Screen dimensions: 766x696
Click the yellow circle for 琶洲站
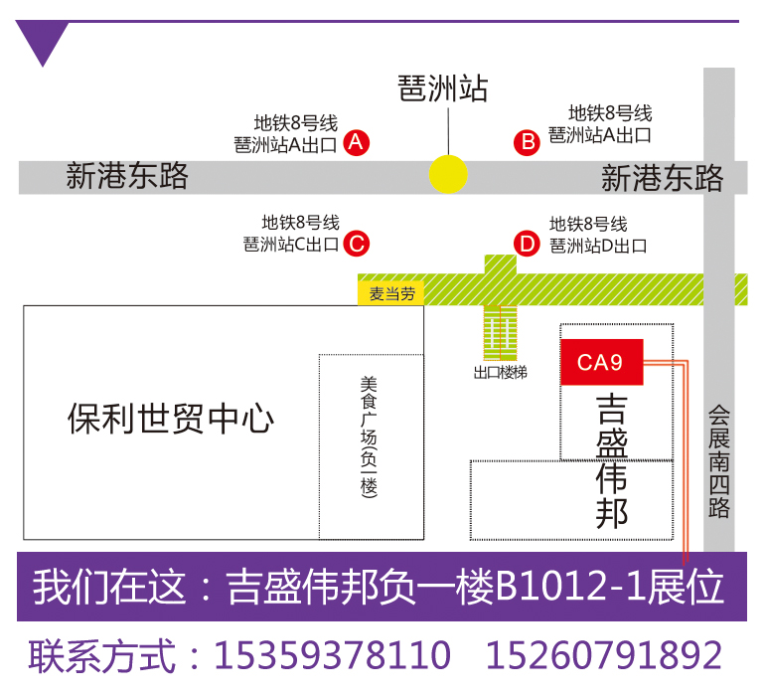click(x=448, y=174)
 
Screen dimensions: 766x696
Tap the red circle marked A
click(x=357, y=143)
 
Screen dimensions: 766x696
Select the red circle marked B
click(x=527, y=142)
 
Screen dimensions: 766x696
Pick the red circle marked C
click(x=357, y=243)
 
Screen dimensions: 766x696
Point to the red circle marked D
click(x=527, y=243)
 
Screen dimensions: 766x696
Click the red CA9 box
click(x=602, y=362)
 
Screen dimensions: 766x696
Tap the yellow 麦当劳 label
click(x=391, y=293)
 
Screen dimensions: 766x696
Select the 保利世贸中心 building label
click(x=171, y=418)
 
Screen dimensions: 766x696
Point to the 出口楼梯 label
click(x=500, y=373)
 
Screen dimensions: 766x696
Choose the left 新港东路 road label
click(x=127, y=177)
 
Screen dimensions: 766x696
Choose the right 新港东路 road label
click(x=662, y=178)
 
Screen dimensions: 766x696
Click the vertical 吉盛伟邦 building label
click(x=612, y=461)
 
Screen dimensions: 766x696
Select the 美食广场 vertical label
click(x=371, y=436)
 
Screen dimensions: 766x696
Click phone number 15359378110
click(x=333, y=655)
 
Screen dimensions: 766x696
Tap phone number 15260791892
click(x=603, y=655)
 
